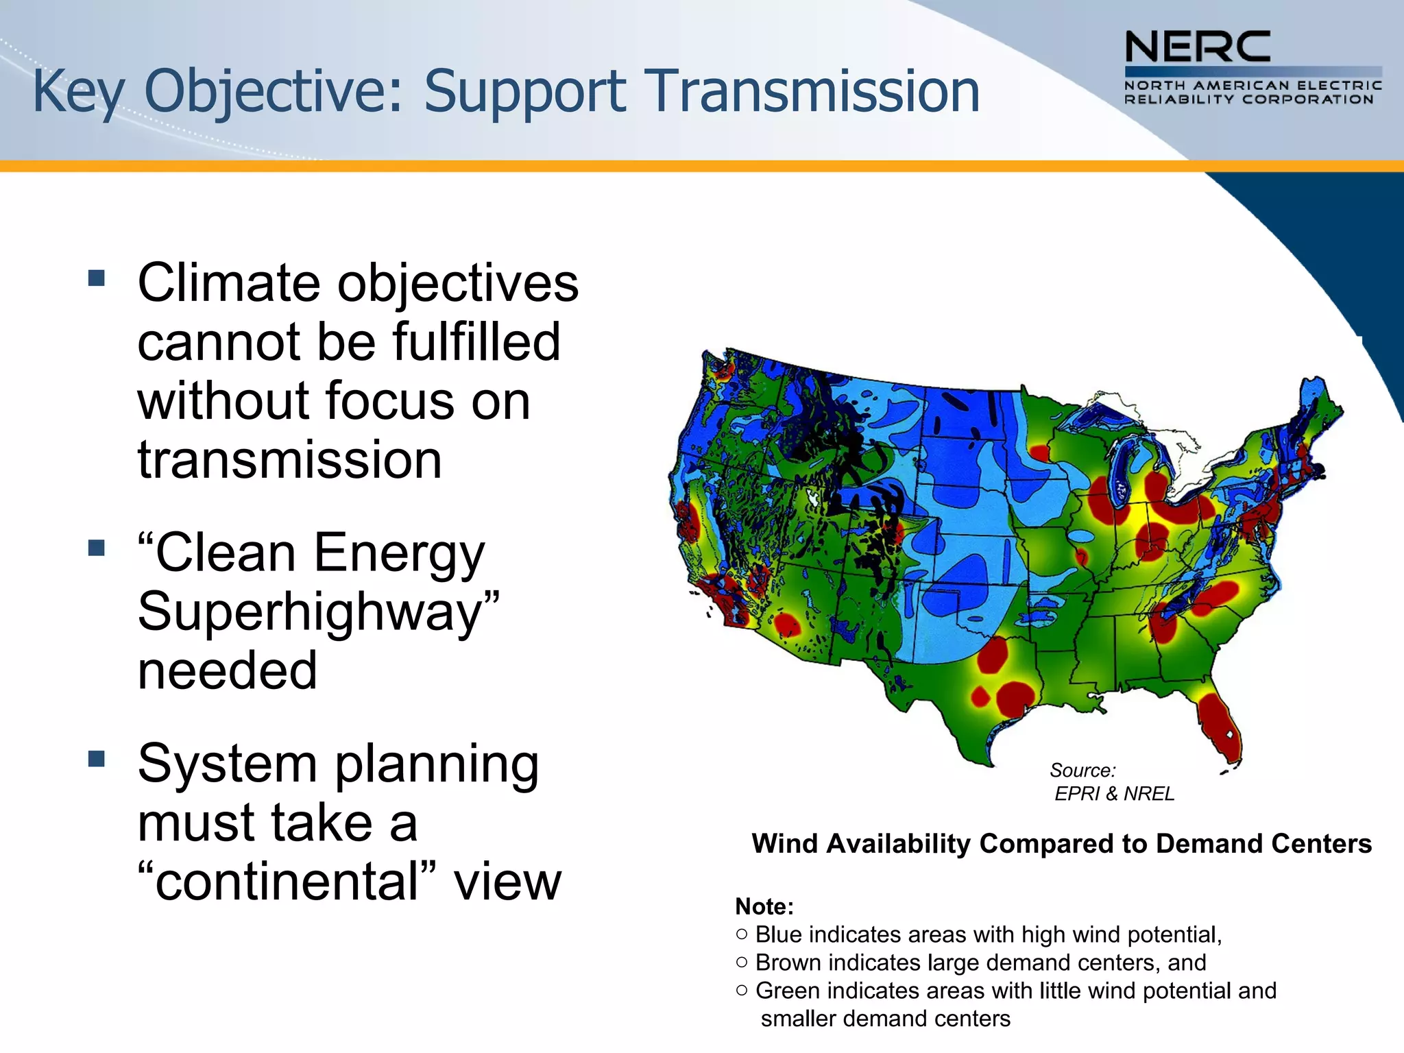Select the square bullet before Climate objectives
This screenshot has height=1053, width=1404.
97,278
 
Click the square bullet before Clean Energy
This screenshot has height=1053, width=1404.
97,548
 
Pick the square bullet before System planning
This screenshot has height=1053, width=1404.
97,759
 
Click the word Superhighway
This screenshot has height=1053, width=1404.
318,612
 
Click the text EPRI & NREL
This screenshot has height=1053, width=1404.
1114,794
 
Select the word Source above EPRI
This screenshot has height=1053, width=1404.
1082,771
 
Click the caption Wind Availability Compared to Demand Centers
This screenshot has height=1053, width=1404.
1061,844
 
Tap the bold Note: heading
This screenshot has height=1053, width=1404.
764,907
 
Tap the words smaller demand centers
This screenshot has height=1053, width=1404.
885,1019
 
